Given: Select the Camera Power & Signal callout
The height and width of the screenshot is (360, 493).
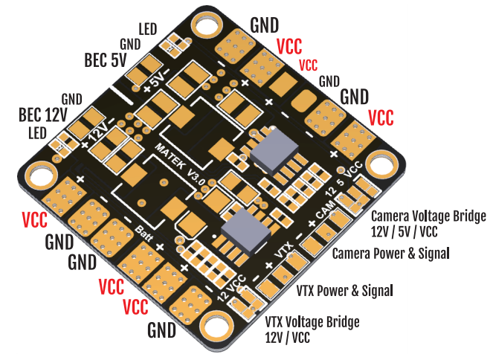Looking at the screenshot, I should pyautogui.click(x=391, y=254).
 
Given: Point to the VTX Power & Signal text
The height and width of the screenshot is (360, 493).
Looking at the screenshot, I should pyautogui.click(x=344, y=289).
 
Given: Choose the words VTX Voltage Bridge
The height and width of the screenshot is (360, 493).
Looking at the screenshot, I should pyautogui.click(x=312, y=321).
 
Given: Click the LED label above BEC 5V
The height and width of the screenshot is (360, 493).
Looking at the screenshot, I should pyautogui.click(x=147, y=30).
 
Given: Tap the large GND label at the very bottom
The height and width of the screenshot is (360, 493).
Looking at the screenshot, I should pyautogui.click(x=161, y=329).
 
